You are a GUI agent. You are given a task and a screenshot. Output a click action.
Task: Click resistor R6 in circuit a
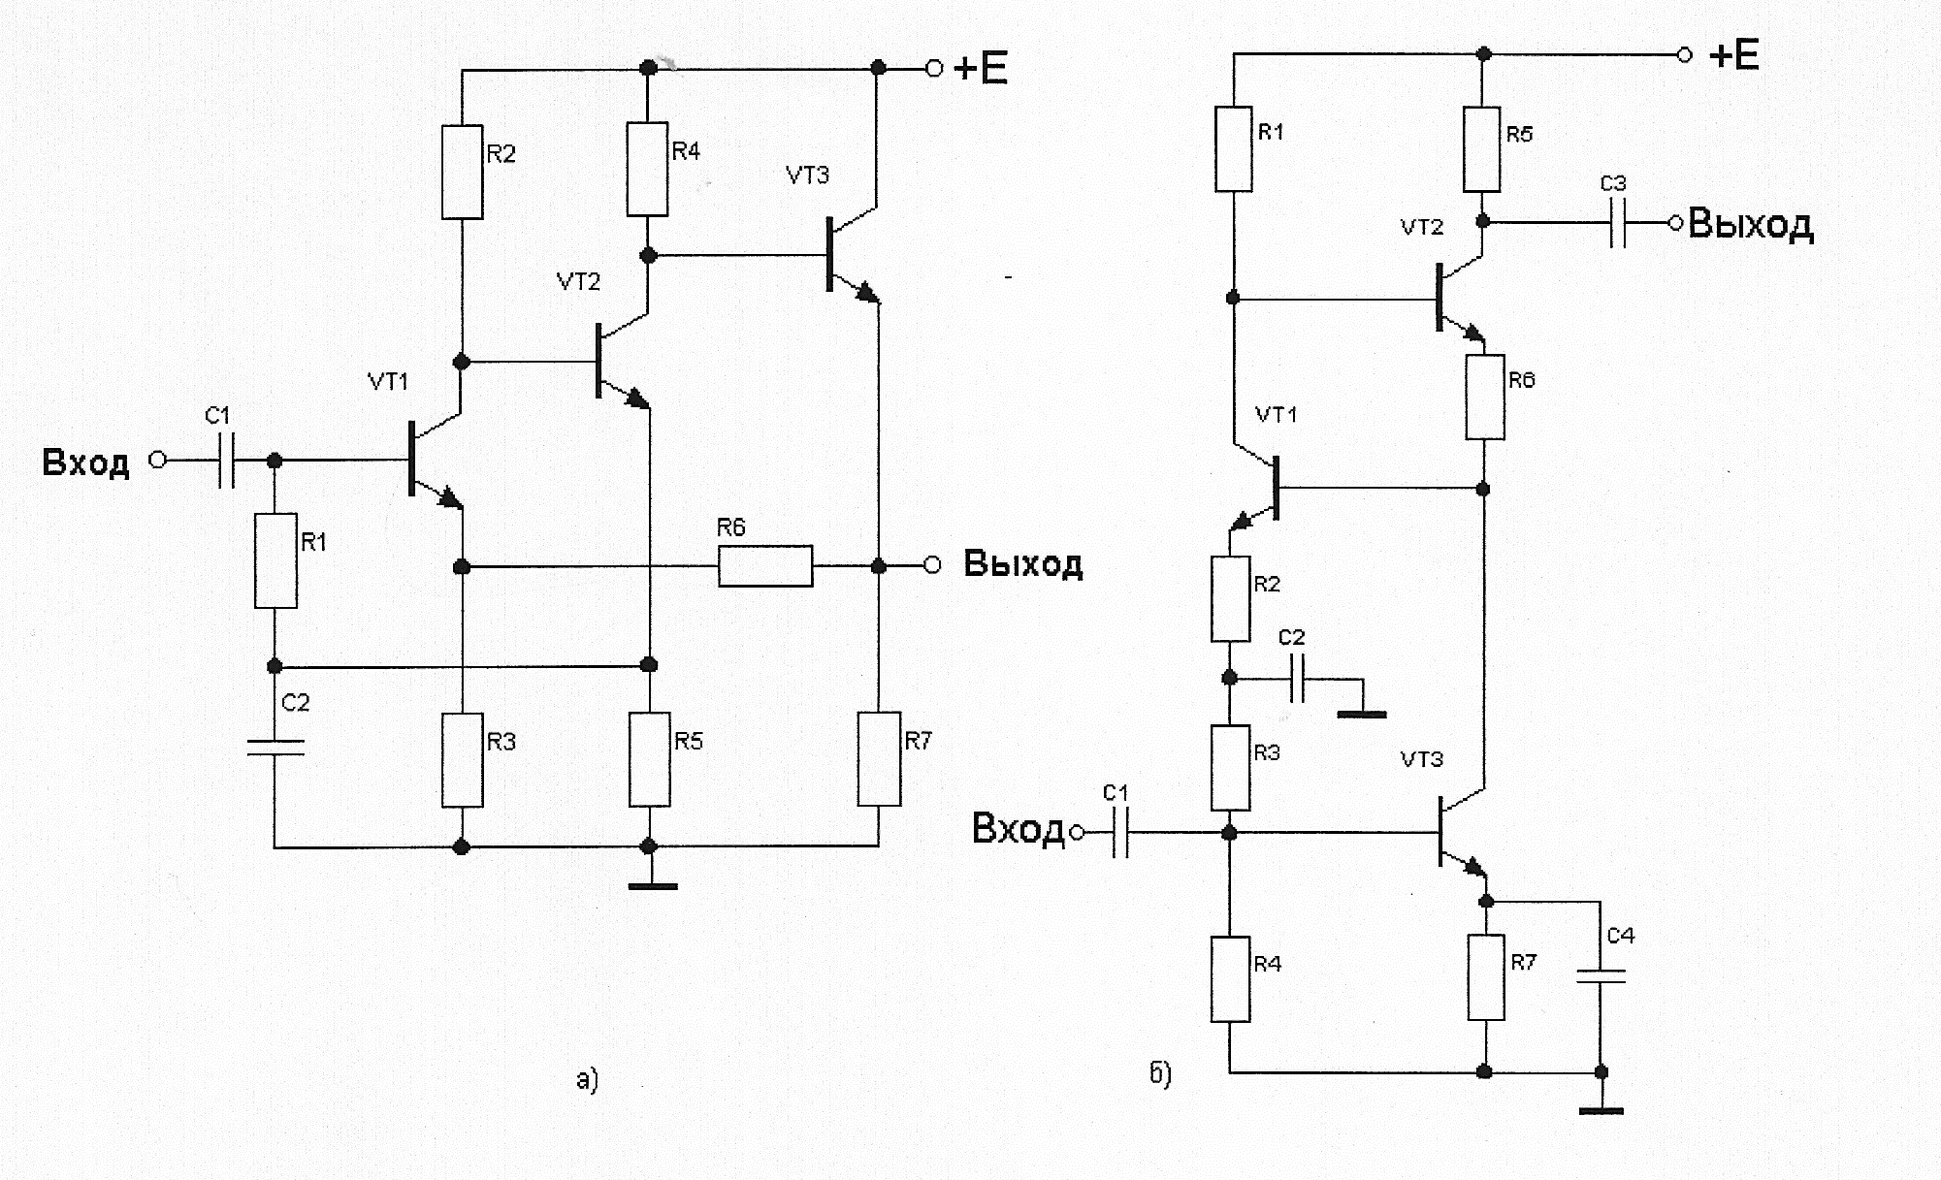click(x=765, y=565)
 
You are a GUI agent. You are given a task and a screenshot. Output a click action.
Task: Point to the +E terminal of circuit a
click(x=934, y=68)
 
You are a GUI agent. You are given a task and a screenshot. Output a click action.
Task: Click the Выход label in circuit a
click(x=1022, y=564)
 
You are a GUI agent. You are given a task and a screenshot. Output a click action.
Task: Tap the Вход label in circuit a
click(x=85, y=462)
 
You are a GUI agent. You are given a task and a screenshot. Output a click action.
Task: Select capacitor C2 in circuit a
click(x=275, y=747)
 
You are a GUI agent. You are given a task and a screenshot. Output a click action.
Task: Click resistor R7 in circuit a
click(x=879, y=758)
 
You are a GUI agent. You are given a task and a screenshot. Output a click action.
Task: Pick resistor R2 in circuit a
click(x=462, y=172)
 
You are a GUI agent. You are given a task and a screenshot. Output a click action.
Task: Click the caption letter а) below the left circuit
click(x=587, y=1079)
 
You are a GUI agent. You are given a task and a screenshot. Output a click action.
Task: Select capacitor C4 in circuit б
click(x=1601, y=976)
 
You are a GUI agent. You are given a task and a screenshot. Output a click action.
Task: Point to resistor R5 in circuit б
click(x=1482, y=149)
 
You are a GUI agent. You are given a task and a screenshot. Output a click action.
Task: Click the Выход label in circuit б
click(x=1751, y=224)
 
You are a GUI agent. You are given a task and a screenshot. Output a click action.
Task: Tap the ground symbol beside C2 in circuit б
click(x=1362, y=713)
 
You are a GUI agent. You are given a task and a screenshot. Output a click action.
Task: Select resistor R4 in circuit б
click(x=1230, y=977)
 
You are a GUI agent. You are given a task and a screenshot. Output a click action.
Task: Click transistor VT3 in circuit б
click(x=1455, y=832)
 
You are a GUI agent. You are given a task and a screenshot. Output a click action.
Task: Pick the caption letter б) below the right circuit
click(x=1160, y=1073)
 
